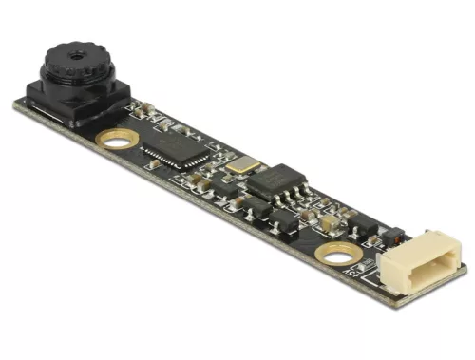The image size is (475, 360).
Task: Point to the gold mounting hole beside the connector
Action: (x=335, y=255)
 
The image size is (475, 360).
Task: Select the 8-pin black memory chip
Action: (x=275, y=181)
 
